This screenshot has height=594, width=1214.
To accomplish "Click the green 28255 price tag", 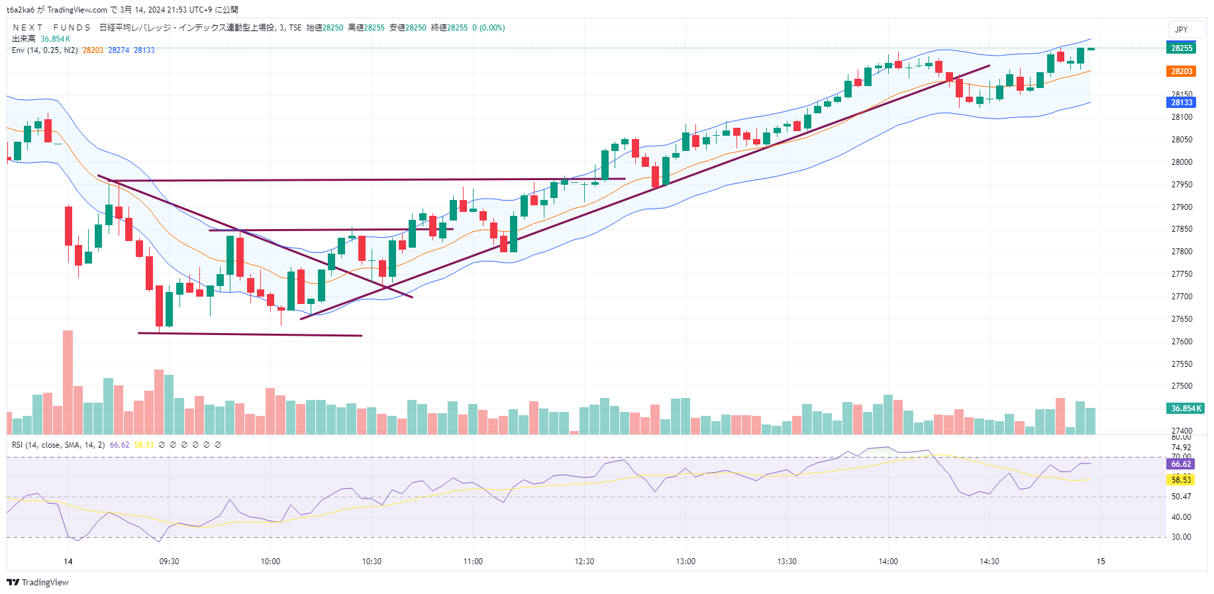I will pyautogui.click(x=1181, y=48).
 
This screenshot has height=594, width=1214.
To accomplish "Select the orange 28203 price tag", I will pyautogui.click(x=1181, y=72).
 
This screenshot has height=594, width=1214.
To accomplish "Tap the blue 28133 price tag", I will pyautogui.click(x=1181, y=103).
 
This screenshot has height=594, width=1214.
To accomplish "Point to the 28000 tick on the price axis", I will pyautogui.click(x=1182, y=162).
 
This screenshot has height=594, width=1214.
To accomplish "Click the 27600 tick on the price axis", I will pyautogui.click(x=1182, y=342).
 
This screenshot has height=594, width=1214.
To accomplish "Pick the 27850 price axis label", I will pyautogui.click(x=1182, y=229).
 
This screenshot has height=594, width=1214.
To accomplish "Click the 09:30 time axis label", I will pyautogui.click(x=169, y=562).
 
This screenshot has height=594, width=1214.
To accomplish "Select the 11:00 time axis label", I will pyautogui.click(x=473, y=562).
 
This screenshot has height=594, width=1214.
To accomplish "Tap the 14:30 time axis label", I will pyautogui.click(x=989, y=562).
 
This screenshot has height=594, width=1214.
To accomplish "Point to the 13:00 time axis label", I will pyautogui.click(x=685, y=562).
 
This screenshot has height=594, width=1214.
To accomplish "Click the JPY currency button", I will pyautogui.click(x=1182, y=30).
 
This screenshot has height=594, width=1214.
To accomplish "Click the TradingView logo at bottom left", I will pyautogui.click(x=38, y=582).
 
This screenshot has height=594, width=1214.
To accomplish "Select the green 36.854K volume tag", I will pyautogui.click(x=1185, y=409).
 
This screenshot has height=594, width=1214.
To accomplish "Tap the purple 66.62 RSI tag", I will pyautogui.click(x=1181, y=464).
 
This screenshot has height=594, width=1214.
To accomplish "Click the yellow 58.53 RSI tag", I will pyautogui.click(x=1181, y=479).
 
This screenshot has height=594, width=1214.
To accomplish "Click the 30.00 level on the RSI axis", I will pyautogui.click(x=1181, y=537).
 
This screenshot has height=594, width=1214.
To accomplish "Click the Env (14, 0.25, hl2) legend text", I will pyautogui.click(x=44, y=50).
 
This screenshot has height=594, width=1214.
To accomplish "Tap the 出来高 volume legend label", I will pyautogui.click(x=24, y=39).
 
